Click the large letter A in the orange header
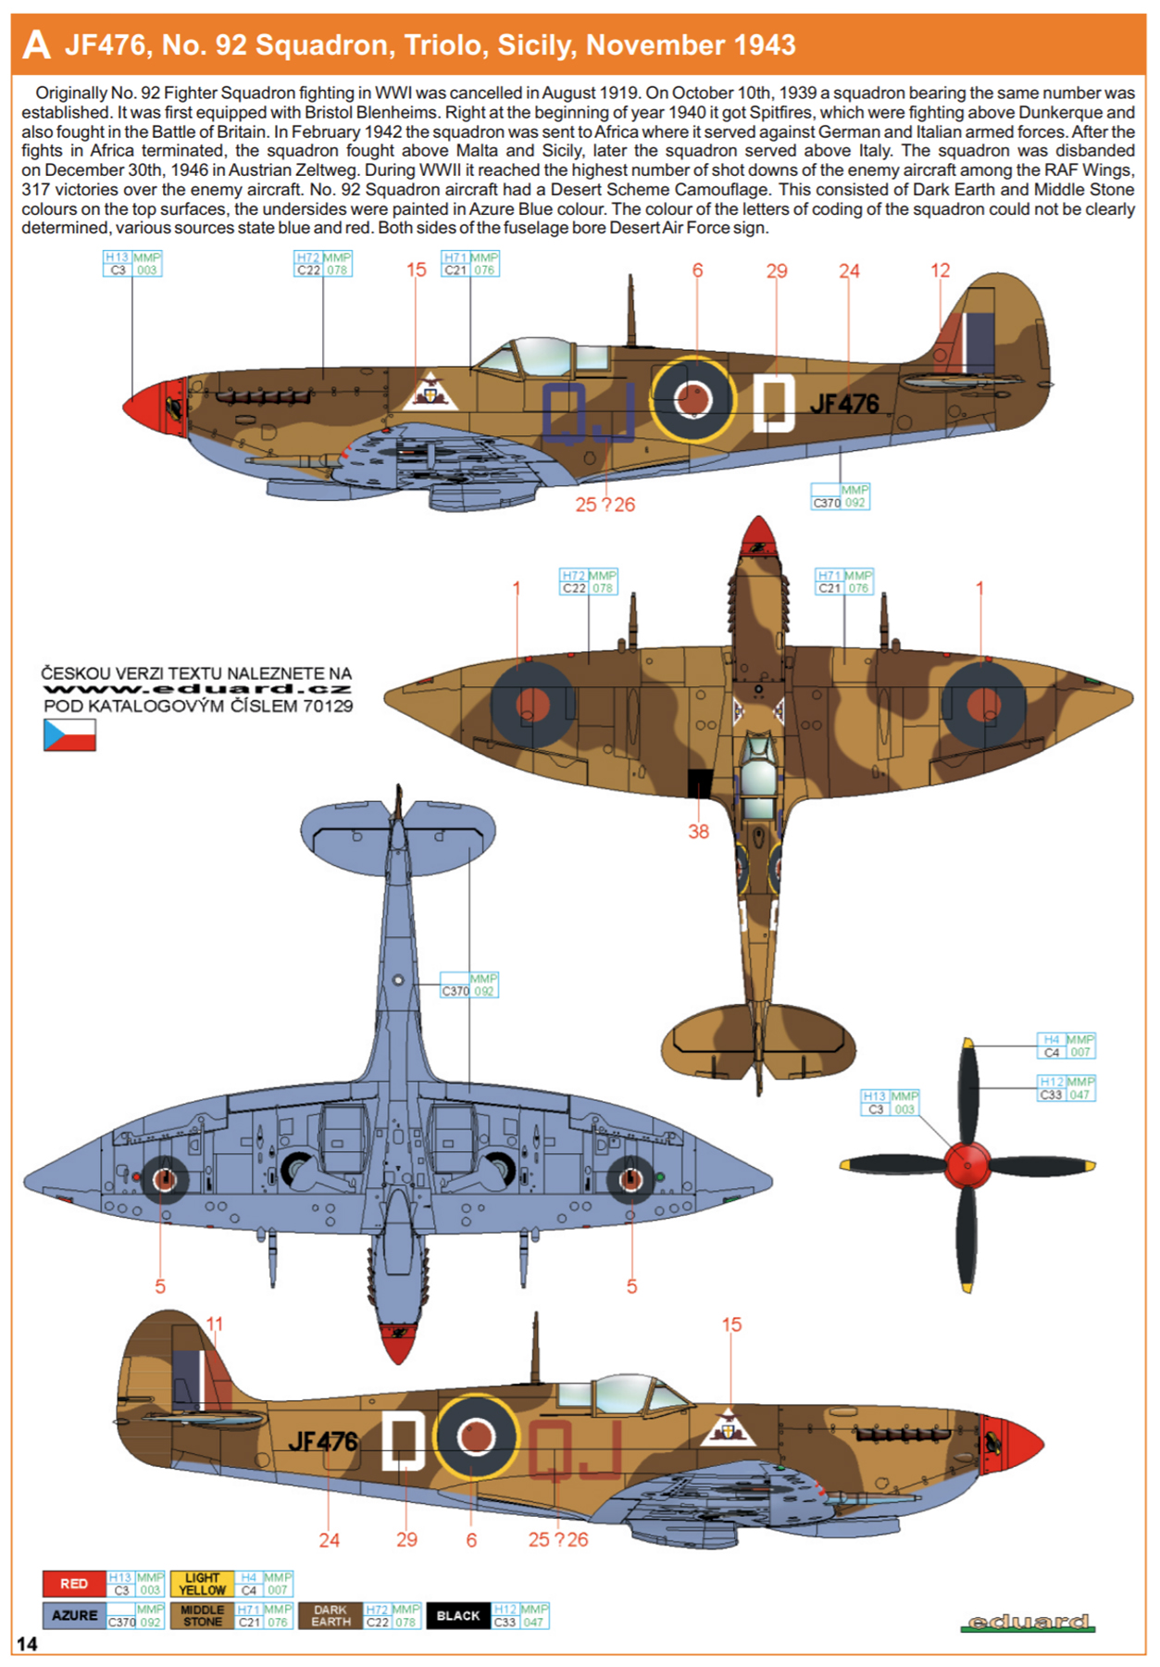click(36, 44)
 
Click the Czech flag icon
click(69, 735)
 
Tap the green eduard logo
click(1028, 1622)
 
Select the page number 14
click(27, 1644)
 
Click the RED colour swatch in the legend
click(74, 1584)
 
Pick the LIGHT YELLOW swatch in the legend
click(202, 1584)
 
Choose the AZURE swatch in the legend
click(74, 1615)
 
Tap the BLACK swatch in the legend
click(458, 1615)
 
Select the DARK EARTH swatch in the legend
click(331, 1615)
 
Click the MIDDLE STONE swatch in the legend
click(202, 1615)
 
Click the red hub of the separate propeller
click(967, 1165)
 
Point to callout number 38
click(698, 832)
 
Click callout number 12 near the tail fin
click(941, 270)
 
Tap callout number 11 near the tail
click(215, 1324)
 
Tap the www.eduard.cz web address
click(197, 689)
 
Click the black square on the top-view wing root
click(700, 783)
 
